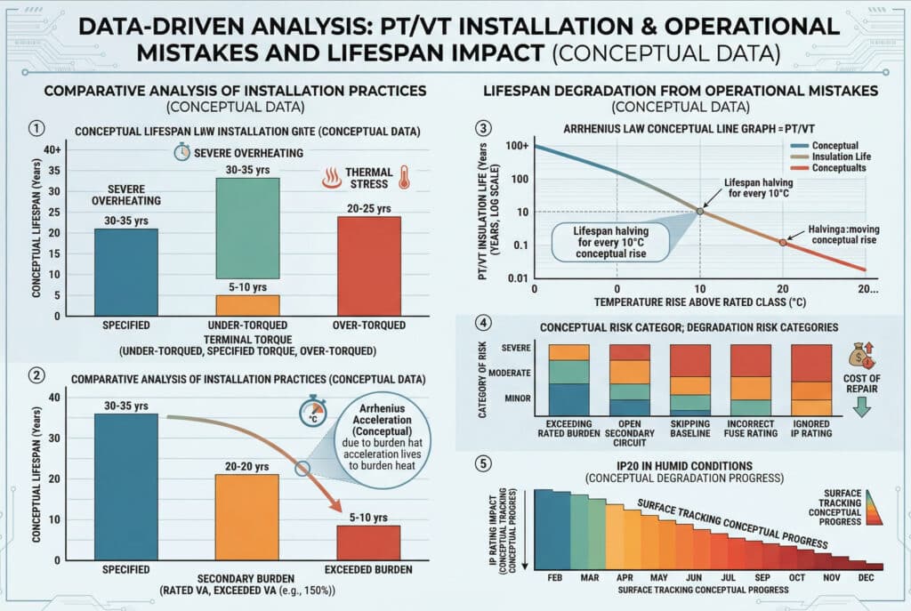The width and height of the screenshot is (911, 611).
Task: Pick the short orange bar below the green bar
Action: (x=248, y=305)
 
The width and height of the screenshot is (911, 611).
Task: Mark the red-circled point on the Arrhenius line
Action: (x=783, y=242)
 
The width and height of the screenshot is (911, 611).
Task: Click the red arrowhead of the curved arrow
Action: (x=343, y=506)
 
